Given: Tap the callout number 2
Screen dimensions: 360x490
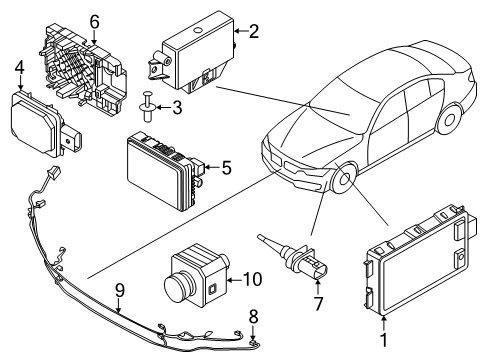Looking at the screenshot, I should (x=254, y=32).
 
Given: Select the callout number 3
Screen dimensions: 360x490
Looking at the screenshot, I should (x=175, y=107).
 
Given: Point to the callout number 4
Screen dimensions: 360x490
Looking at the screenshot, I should (x=19, y=68).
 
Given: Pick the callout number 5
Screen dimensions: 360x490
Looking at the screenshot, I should (x=226, y=170).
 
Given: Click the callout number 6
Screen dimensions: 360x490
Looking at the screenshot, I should (x=94, y=22).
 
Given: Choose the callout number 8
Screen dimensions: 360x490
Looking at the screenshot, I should (x=253, y=317).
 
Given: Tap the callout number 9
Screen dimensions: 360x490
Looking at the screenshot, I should (x=119, y=291).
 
